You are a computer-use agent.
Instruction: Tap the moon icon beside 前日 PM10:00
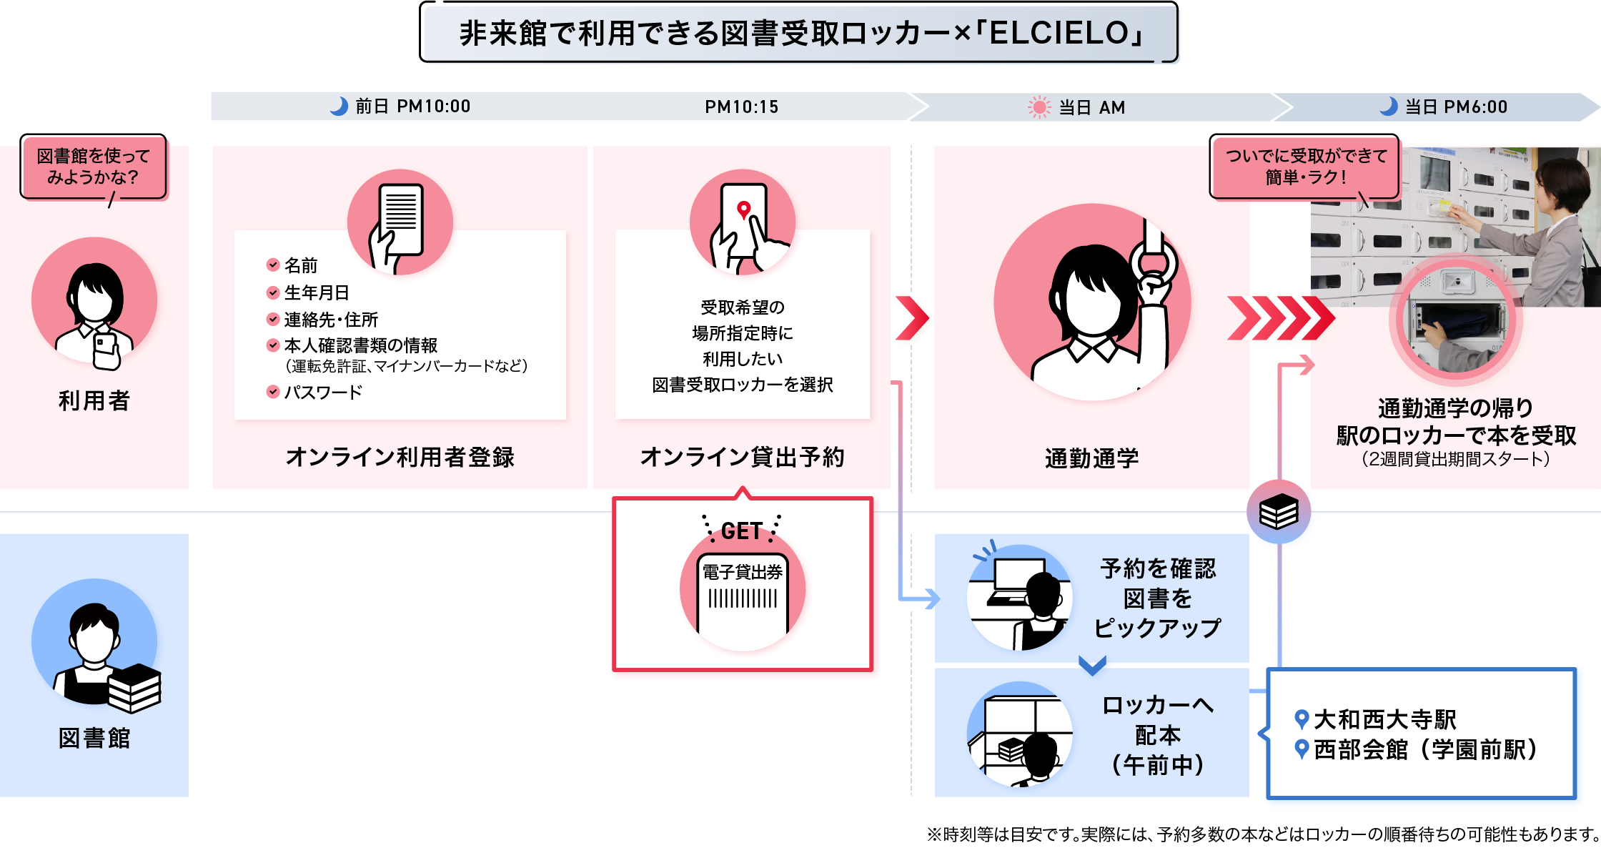click(339, 107)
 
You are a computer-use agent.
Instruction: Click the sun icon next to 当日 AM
click(1039, 107)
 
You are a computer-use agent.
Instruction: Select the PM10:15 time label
click(741, 107)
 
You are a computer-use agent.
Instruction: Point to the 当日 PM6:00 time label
click(1456, 107)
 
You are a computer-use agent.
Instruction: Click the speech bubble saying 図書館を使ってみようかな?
click(94, 167)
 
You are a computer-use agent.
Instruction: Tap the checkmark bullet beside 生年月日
click(273, 292)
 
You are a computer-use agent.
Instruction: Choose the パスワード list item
click(323, 392)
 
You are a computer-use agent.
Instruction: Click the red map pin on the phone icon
click(743, 209)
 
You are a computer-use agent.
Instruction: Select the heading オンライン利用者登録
click(400, 457)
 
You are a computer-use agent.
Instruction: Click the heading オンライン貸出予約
click(742, 457)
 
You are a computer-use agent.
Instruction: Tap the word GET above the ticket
click(742, 531)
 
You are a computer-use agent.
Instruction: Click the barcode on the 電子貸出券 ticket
click(743, 599)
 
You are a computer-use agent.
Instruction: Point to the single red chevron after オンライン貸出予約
click(913, 318)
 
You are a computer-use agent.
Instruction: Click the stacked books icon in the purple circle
click(1279, 512)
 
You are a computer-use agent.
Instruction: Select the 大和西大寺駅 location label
click(1384, 719)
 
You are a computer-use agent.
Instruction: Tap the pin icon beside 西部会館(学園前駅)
click(1302, 749)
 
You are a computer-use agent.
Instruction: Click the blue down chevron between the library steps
click(1092, 666)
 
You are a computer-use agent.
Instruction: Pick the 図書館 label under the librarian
click(94, 738)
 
